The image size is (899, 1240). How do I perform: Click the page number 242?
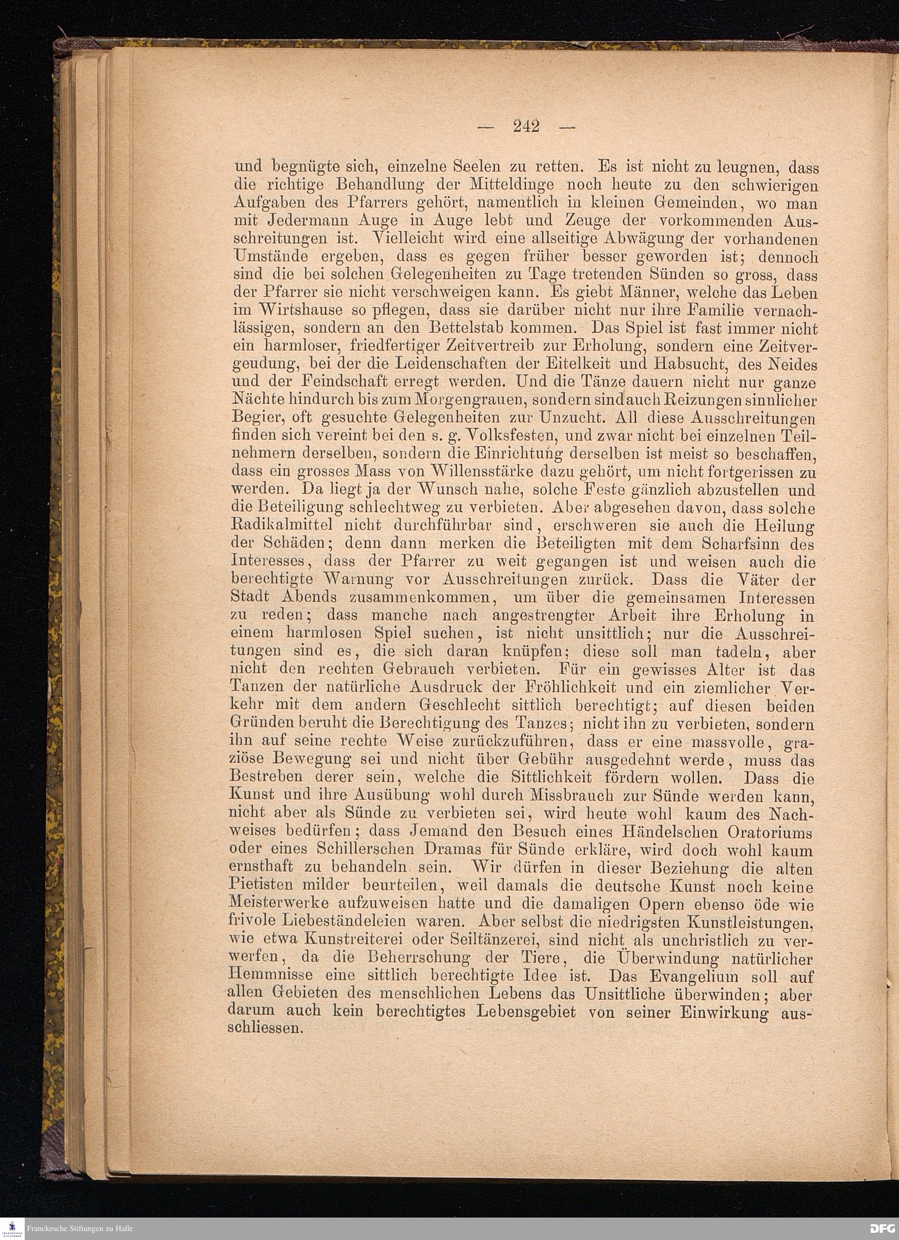coord(526,126)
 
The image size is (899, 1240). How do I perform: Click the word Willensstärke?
coord(494,472)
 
